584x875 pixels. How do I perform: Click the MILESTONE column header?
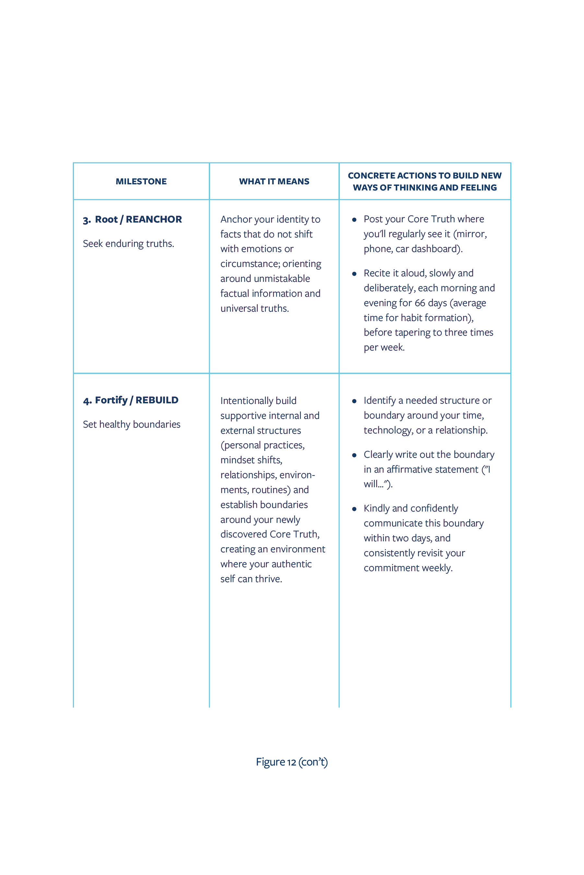click(141, 181)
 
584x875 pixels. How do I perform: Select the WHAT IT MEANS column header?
click(274, 181)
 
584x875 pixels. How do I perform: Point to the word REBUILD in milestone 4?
click(157, 400)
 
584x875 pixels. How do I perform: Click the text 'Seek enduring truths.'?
click(128, 244)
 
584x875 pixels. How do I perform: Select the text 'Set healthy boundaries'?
click(131, 424)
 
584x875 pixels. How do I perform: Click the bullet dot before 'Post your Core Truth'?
click(354, 220)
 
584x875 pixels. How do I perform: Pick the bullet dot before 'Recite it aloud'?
click(354, 274)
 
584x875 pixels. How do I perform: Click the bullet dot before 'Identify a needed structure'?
click(354, 401)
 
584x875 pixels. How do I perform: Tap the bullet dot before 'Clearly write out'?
click(354, 455)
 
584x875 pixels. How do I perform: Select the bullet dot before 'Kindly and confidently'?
click(354, 509)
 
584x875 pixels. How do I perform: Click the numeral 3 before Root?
click(86, 220)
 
